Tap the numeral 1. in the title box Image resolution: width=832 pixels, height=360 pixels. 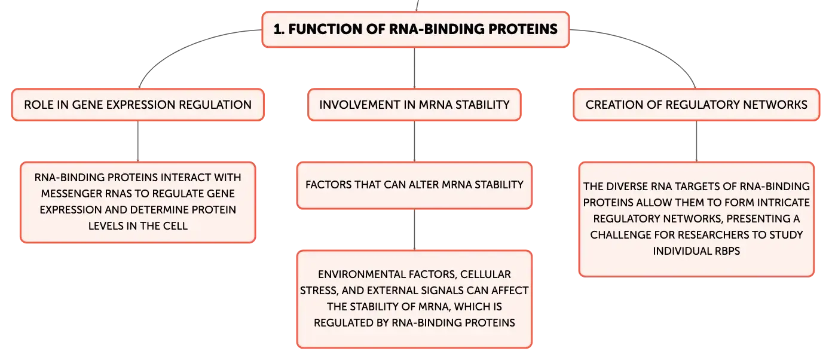(x=279, y=29)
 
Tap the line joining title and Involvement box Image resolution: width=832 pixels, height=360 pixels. (x=415, y=68)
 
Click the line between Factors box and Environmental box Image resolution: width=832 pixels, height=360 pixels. (x=415, y=230)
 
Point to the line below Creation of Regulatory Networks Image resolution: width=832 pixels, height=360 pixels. (x=696, y=142)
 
